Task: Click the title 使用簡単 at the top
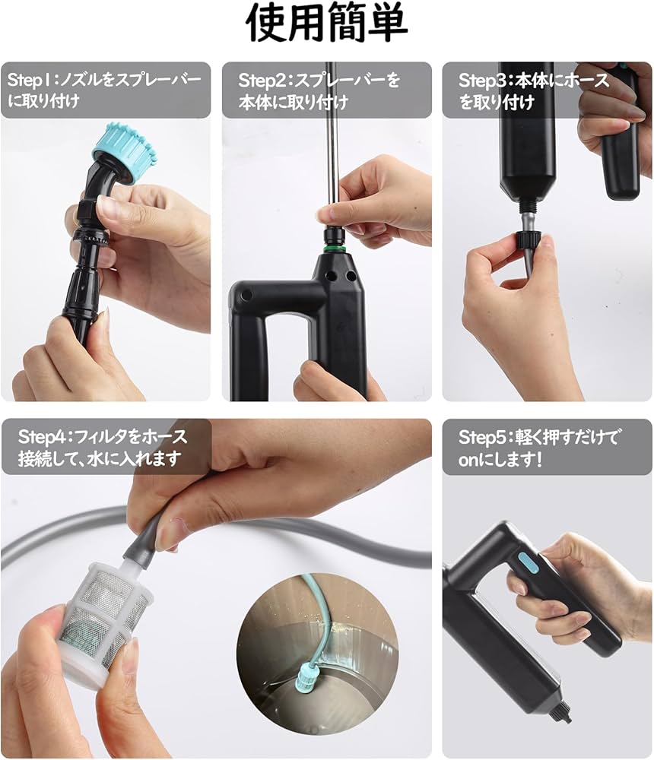[x=327, y=26]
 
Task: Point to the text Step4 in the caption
[x=44, y=437]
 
